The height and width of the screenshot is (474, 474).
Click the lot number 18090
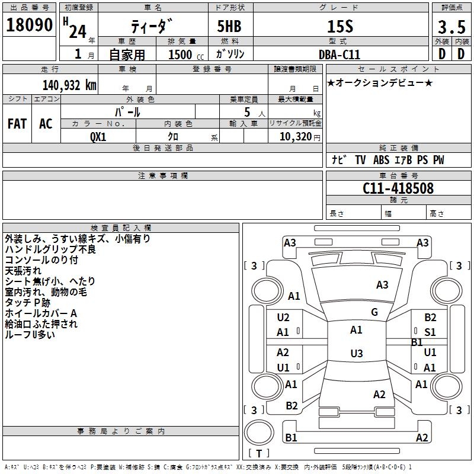(x=29, y=25)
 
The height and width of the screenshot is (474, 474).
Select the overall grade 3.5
(x=451, y=27)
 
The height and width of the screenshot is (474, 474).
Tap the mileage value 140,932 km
(x=69, y=85)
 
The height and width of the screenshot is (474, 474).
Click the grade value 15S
(x=340, y=27)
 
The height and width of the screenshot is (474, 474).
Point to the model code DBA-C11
(x=340, y=55)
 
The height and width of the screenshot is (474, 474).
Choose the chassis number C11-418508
(x=398, y=188)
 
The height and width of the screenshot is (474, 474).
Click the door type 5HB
(x=229, y=26)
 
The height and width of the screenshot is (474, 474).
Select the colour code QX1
(x=98, y=137)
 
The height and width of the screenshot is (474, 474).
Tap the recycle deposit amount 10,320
(x=295, y=137)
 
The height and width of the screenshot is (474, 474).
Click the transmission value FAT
(x=17, y=124)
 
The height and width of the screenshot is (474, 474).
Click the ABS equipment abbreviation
(x=381, y=160)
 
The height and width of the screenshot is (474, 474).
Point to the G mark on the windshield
(x=374, y=312)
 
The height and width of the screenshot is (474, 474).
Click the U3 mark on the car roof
(x=357, y=353)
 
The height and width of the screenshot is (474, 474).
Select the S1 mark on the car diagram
(x=430, y=332)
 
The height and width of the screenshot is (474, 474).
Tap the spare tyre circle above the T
(x=259, y=433)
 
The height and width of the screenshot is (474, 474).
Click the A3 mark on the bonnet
(x=382, y=285)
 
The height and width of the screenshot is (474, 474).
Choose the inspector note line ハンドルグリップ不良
(x=50, y=249)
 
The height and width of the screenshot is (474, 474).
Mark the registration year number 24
(x=78, y=31)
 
